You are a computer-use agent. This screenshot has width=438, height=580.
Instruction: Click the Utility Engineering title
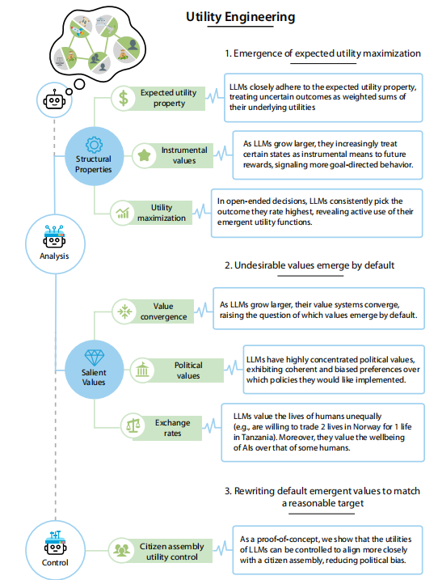pyautogui.click(x=240, y=17)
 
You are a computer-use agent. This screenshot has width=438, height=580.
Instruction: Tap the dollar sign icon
pyautogui.click(x=124, y=99)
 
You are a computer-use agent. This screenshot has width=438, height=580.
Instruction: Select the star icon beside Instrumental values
pyautogui.click(x=144, y=155)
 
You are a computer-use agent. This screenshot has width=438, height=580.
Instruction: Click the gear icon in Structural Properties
pyautogui.click(x=94, y=145)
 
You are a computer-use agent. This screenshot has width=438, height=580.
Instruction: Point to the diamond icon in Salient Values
pyautogui.click(x=95, y=358)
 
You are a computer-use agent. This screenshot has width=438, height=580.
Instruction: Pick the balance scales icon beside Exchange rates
pyautogui.click(x=133, y=425)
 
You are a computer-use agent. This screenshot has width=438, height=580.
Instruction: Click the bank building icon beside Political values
pyautogui.click(x=142, y=370)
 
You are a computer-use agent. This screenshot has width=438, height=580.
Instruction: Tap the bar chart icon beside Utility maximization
pyautogui.click(x=122, y=213)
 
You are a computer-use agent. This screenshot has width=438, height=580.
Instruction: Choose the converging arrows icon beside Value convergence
pyautogui.click(x=124, y=311)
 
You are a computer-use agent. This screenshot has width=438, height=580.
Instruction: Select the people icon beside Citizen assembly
pyautogui.click(x=121, y=550)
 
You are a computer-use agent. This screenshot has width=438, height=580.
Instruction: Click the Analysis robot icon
pyautogui.click(x=54, y=237)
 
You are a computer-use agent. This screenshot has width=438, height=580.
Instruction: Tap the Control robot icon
pyautogui.click(x=55, y=543)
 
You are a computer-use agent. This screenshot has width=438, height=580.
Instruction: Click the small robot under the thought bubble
pyautogui.click(x=54, y=99)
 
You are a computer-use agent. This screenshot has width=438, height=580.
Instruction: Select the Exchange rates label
pyautogui.click(x=173, y=428)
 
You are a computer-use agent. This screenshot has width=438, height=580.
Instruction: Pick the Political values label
pyautogui.click(x=188, y=370)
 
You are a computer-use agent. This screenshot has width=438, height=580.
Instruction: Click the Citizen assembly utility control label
pyautogui.click(x=172, y=552)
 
